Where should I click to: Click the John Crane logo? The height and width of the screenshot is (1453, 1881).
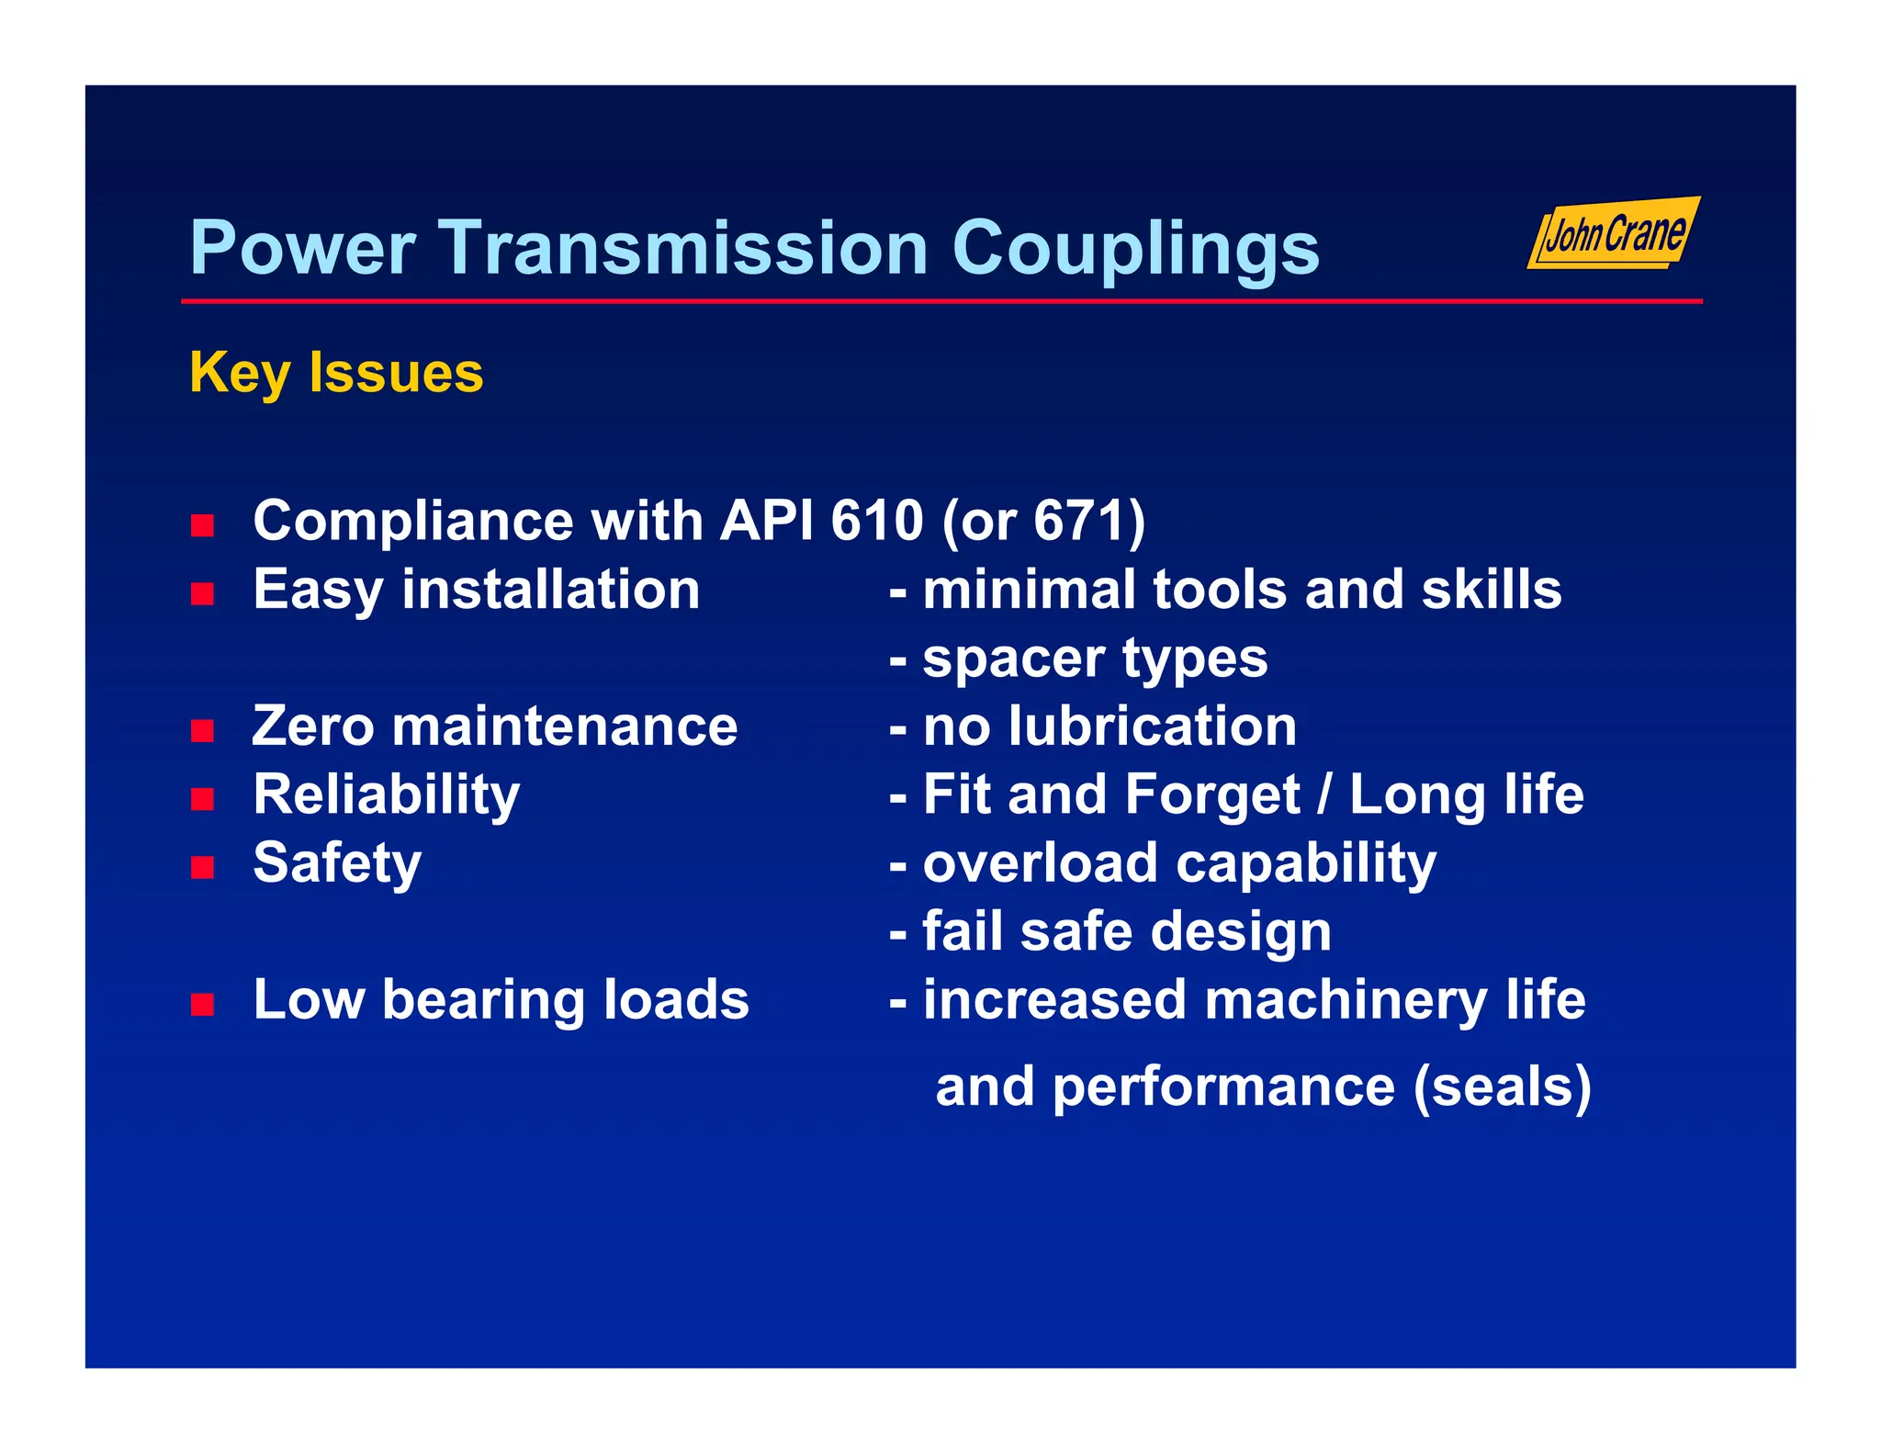pyautogui.click(x=1614, y=233)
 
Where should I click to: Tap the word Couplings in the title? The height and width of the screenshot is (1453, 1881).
pyautogui.click(x=1135, y=250)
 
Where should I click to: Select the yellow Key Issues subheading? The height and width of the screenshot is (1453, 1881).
pyautogui.click(x=336, y=373)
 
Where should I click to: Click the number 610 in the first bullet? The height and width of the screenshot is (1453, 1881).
pyautogui.click(x=877, y=521)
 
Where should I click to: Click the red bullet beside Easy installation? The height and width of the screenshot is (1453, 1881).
pyautogui.click(x=202, y=594)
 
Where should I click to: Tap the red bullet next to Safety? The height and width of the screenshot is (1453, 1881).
pyautogui.click(x=202, y=867)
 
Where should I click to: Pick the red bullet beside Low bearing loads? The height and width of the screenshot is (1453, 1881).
pyautogui.click(x=202, y=1004)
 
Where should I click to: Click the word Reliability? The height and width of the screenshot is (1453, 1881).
pyautogui.click(x=386, y=795)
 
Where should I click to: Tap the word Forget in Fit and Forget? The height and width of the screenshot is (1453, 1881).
pyautogui.click(x=1211, y=795)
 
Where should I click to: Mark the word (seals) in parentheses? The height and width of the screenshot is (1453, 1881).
pyautogui.click(x=1502, y=1087)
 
